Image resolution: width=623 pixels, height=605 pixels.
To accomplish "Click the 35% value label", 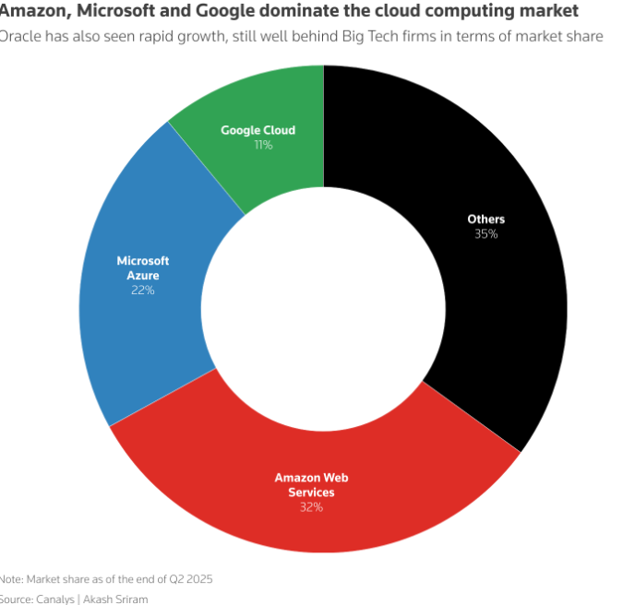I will click(485, 234).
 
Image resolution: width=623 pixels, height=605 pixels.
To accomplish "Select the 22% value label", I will click(142, 291).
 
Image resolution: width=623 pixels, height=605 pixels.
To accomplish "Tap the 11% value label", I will click(263, 145).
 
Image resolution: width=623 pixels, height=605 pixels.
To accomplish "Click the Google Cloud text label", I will click(258, 130).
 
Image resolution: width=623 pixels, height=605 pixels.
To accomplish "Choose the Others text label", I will click(486, 219).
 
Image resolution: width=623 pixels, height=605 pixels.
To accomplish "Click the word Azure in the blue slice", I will click(142, 276).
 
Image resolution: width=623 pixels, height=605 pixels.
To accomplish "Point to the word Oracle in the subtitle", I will click(19, 36).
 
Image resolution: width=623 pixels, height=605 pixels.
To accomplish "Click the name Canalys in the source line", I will click(60, 598).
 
